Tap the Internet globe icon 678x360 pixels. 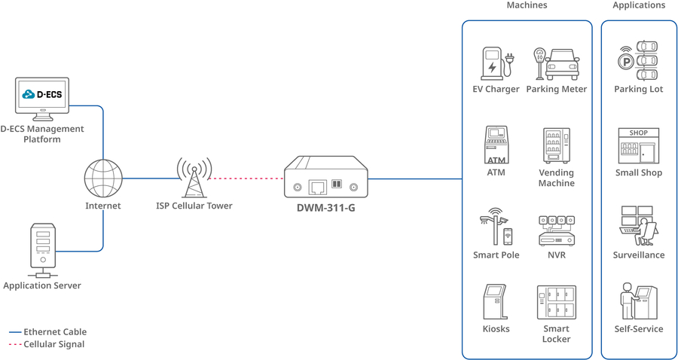tap(103, 178)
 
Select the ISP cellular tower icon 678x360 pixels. tap(194, 178)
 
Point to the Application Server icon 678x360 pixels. tap(42, 246)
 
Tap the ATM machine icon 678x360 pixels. tap(496, 145)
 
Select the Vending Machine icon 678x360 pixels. tap(556, 145)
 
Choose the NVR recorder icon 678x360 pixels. tap(556, 230)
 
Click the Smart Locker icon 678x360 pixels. tap(556, 303)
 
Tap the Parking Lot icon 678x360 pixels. tap(638, 61)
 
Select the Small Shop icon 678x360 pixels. tap(638, 145)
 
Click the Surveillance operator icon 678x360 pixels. tap(637, 226)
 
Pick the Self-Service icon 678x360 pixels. tap(638, 302)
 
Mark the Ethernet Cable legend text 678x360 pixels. tap(55, 331)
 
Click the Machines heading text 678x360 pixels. tap(527, 5)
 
